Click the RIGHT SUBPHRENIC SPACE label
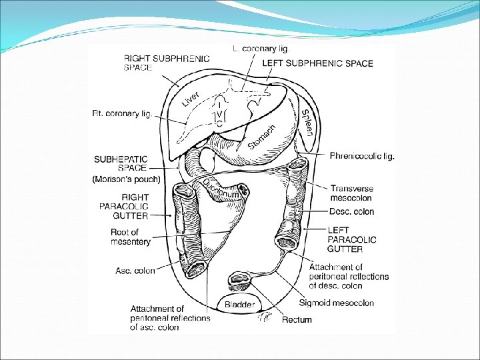(166, 63)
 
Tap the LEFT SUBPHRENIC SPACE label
(317, 63)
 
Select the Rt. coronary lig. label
(122, 114)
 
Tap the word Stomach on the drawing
(261, 137)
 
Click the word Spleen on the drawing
(307, 123)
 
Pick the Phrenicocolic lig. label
(362, 156)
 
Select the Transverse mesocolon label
(352, 193)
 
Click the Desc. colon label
(351, 212)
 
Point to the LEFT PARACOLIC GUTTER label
(351, 239)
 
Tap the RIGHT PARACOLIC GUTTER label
(135, 206)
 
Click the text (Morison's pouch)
(127, 179)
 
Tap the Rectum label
(297, 320)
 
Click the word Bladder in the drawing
(239, 305)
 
